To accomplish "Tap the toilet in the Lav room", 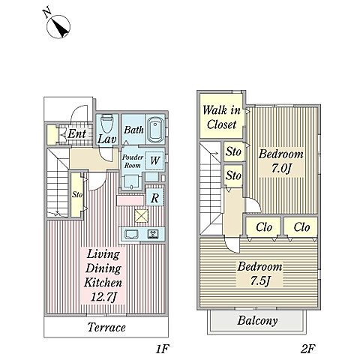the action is (x=106, y=124).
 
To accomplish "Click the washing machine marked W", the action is (x=154, y=160).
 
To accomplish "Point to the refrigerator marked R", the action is (x=154, y=197).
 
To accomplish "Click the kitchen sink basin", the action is (x=133, y=234).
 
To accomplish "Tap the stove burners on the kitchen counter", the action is (x=153, y=234).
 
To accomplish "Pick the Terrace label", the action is (x=106, y=327).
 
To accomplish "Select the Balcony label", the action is (x=257, y=320).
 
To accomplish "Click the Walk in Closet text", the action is (x=221, y=117).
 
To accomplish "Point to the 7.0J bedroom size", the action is (x=281, y=169).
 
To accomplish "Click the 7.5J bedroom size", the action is (x=260, y=281).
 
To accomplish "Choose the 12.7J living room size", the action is (x=103, y=297).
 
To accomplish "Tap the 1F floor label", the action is (x=163, y=349).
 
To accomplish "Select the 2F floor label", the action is (x=308, y=349).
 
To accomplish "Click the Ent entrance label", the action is (x=77, y=133).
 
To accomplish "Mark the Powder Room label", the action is (x=133, y=161).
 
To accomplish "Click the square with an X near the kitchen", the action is (x=142, y=215).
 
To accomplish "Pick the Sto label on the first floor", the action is (x=77, y=194).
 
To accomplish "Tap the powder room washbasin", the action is (x=132, y=181).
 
